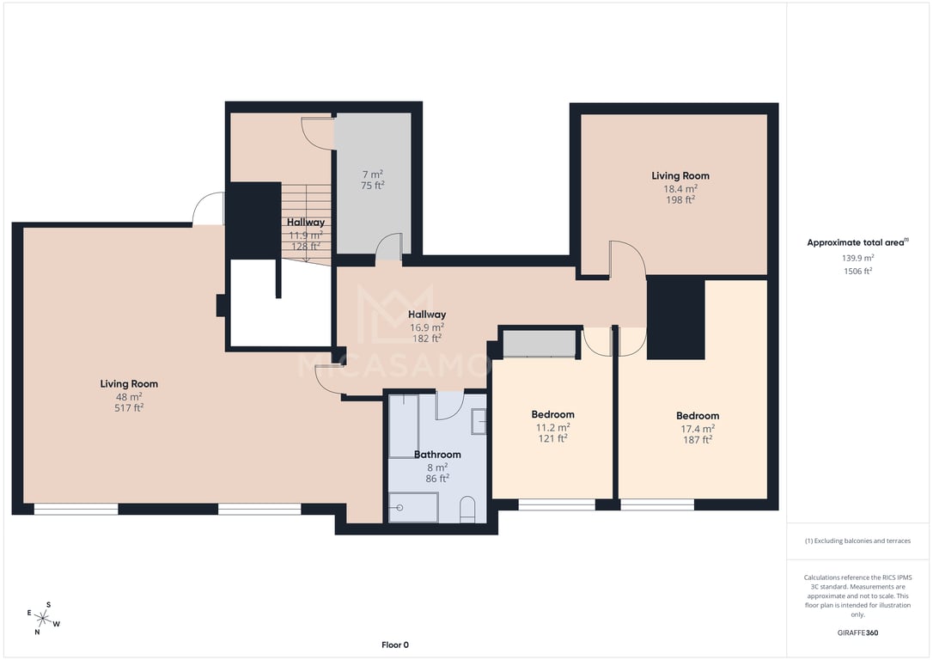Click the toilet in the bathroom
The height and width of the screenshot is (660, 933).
(467, 510)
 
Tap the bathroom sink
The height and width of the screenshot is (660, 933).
(479, 422)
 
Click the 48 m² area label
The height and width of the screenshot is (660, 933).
(129, 397)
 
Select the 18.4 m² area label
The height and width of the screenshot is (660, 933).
(680, 189)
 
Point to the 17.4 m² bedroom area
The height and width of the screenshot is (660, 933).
(698, 429)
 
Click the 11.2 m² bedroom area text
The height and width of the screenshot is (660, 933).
(552, 427)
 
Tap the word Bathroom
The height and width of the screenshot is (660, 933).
(437, 454)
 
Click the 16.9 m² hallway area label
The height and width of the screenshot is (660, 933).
(427, 327)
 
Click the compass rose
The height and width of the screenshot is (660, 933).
(42, 618)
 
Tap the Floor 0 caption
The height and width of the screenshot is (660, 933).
(395, 645)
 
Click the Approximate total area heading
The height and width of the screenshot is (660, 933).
(857, 242)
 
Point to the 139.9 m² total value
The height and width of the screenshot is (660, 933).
(857, 259)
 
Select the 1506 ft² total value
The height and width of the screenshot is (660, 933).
(857, 272)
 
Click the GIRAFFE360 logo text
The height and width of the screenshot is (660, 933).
(857, 632)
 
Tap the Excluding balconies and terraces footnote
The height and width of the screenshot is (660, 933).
(857, 541)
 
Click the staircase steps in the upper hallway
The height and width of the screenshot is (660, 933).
(306, 223)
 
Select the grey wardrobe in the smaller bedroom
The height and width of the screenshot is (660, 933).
(539, 344)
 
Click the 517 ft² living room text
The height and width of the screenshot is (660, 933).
(129, 408)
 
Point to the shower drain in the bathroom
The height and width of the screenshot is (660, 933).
(399, 508)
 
